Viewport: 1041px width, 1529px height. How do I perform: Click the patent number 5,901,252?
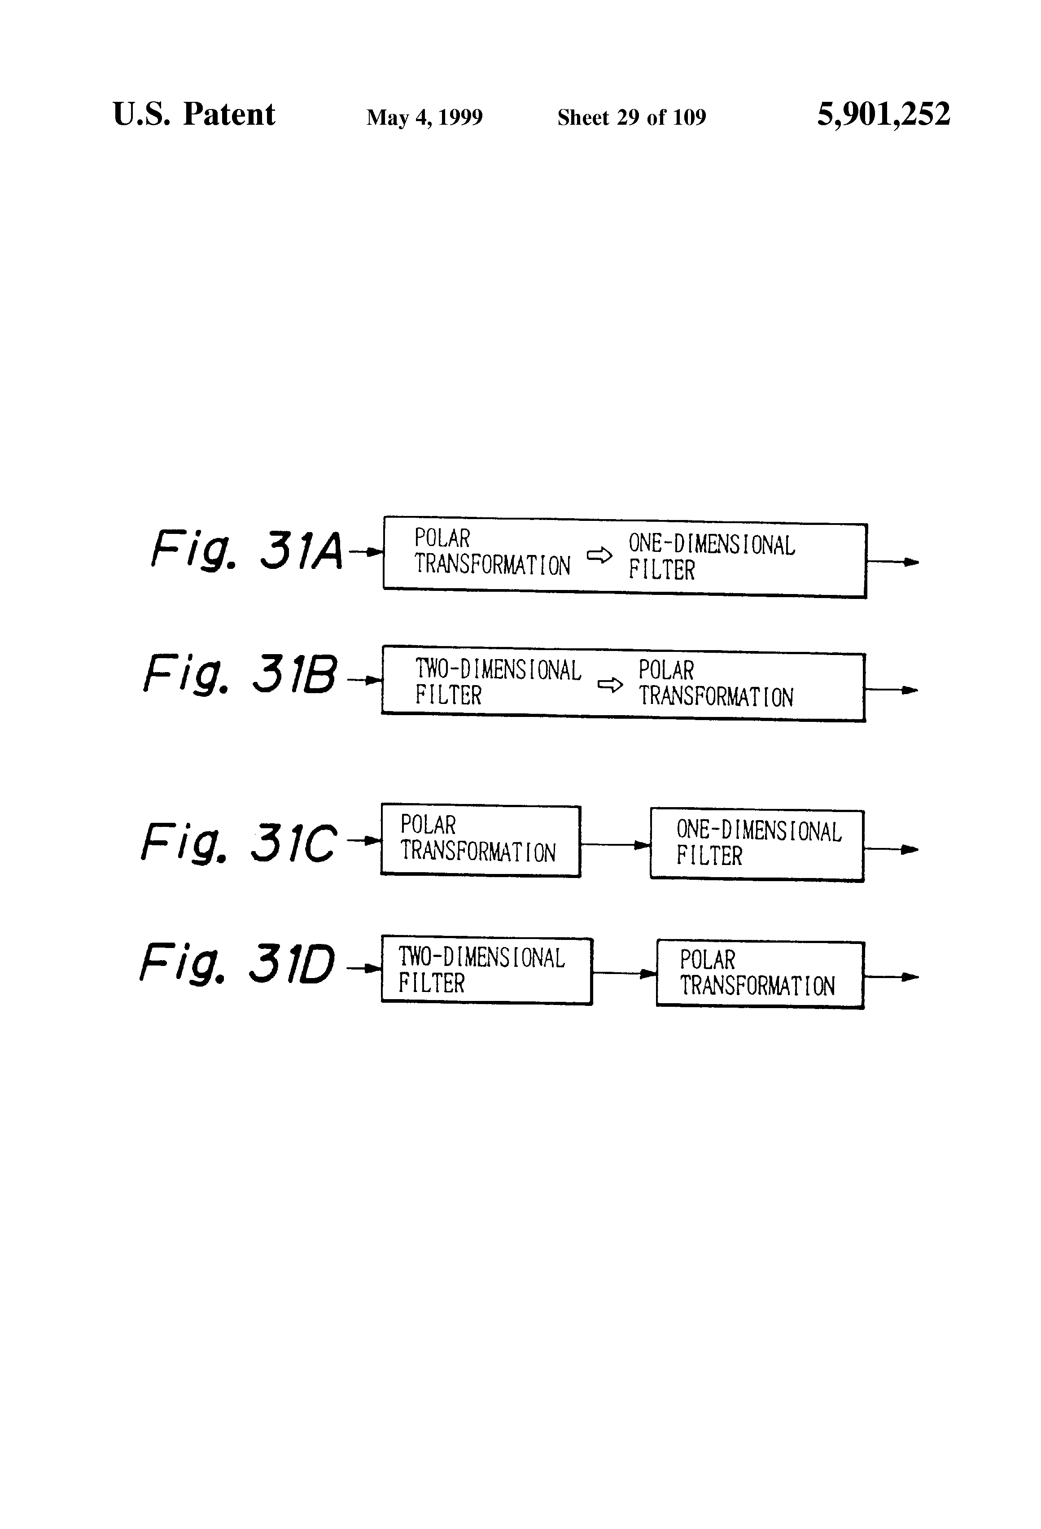tap(883, 114)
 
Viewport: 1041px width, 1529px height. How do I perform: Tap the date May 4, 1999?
tap(424, 118)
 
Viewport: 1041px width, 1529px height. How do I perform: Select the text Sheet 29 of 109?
tap(631, 118)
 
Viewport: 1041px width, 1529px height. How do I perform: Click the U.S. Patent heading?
tap(193, 114)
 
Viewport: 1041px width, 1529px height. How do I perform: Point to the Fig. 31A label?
tap(247, 550)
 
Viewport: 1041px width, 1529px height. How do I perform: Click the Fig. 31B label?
tap(240, 674)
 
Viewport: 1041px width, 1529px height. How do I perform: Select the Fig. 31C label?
tap(239, 843)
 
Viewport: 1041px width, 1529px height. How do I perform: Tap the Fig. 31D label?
tap(237, 964)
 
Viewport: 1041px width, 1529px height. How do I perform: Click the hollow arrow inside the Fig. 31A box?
tap(599, 556)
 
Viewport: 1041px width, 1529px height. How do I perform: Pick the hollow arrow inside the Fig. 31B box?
tap(609, 685)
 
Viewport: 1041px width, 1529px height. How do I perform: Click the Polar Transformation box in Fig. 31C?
tap(481, 841)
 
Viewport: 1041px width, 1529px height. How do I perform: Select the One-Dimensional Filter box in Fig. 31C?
tap(757, 845)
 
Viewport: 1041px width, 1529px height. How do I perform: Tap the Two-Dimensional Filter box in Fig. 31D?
tap(486, 970)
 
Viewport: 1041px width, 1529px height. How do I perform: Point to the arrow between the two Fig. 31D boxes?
tap(624, 973)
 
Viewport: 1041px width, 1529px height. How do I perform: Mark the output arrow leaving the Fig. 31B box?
tap(891, 690)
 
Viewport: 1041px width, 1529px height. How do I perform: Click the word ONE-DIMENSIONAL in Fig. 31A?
tap(711, 545)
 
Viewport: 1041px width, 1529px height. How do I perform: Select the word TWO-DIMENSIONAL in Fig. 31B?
tap(498, 670)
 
